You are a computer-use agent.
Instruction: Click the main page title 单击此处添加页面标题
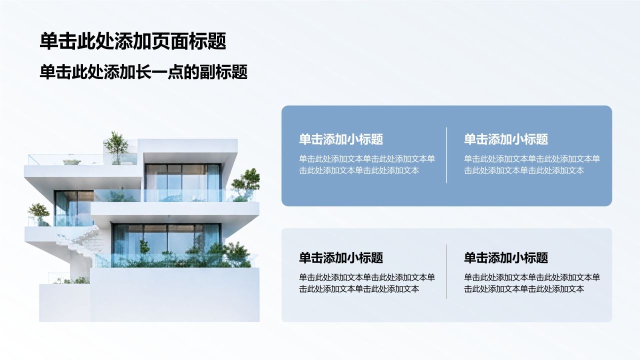click(x=133, y=41)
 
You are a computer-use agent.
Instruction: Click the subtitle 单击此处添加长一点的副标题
click(x=143, y=72)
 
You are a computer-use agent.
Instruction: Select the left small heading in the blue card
click(x=341, y=139)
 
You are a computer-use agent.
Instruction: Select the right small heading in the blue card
click(x=506, y=139)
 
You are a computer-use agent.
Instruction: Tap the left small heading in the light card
click(x=341, y=257)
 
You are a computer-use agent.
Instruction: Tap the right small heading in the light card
click(x=506, y=257)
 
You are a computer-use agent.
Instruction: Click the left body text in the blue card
click(x=367, y=164)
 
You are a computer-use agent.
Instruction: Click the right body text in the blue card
click(x=532, y=164)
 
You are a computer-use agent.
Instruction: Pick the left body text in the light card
click(x=367, y=283)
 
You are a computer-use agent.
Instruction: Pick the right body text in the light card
click(x=532, y=283)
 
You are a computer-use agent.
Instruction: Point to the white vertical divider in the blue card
click(x=446, y=155)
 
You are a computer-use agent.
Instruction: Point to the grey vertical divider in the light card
click(x=446, y=271)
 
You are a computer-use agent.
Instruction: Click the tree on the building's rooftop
click(x=116, y=147)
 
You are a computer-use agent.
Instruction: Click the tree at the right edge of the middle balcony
click(x=245, y=184)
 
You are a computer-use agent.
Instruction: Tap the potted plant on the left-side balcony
click(x=39, y=213)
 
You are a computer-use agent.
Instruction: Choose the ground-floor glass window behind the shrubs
click(x=167, y=240)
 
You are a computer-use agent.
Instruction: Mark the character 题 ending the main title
click(x=217, y=41)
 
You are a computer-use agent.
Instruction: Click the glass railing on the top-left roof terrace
click(x=65, y=159)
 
